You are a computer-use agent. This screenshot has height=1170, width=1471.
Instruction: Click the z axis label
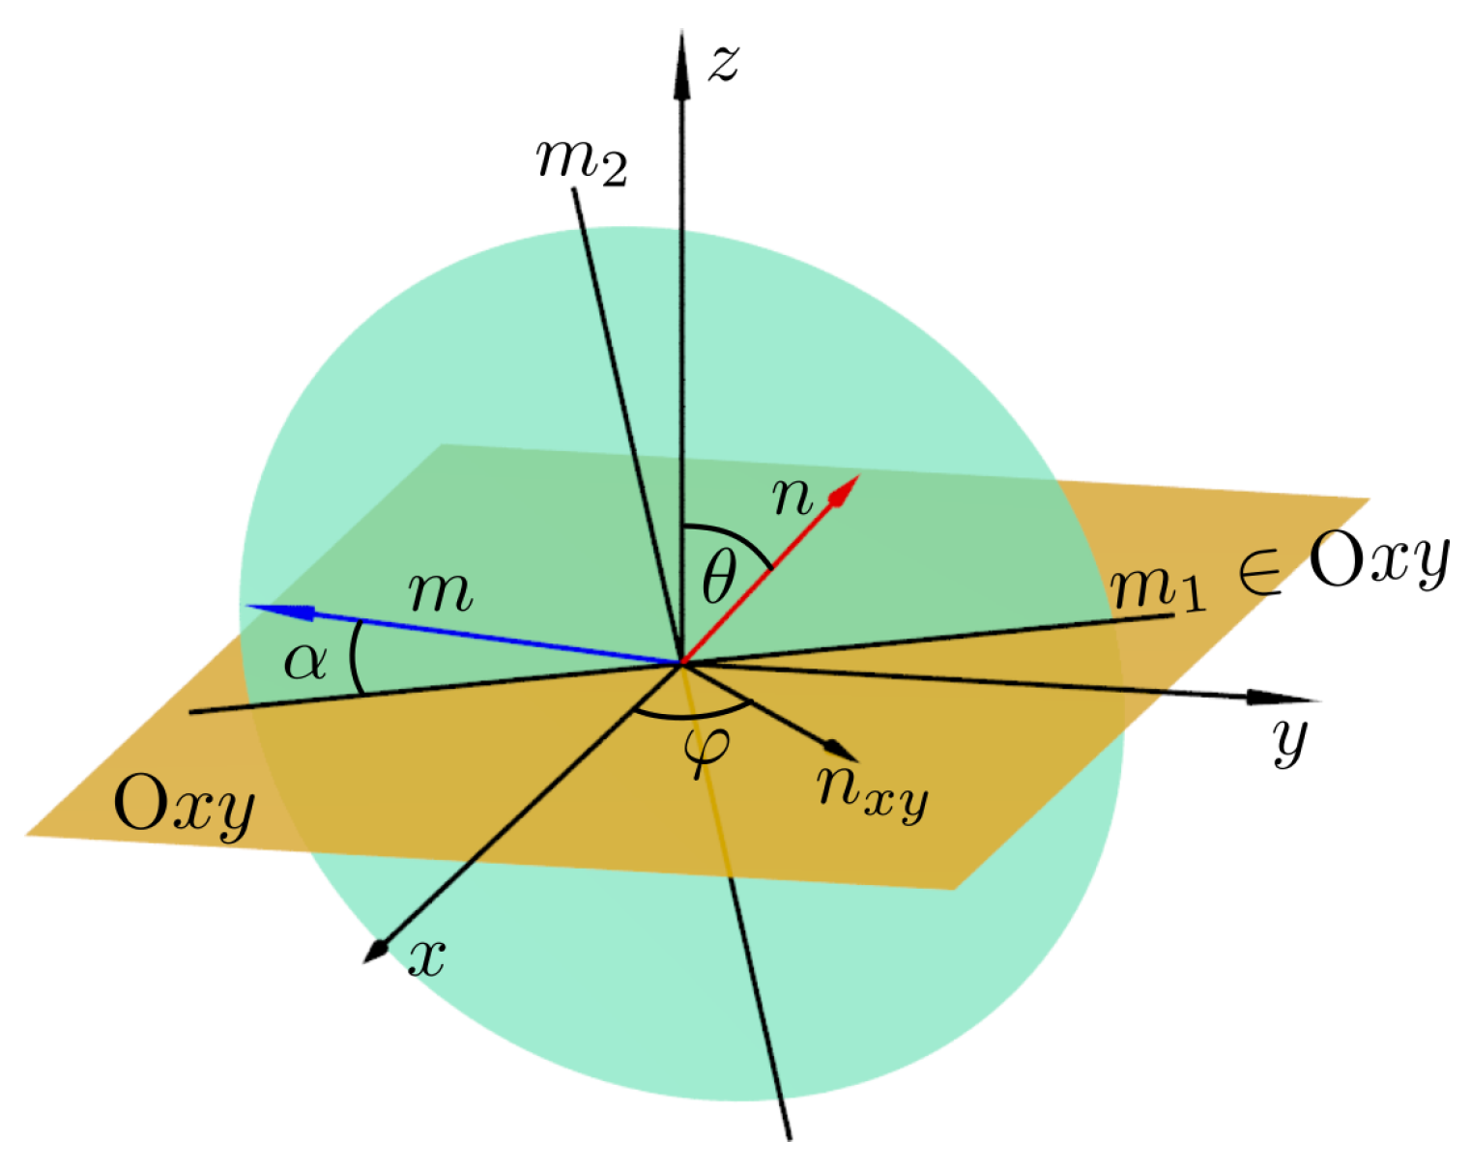[x=724, y=63]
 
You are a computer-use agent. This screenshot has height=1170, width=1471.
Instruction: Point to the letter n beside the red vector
[x=793, y=497]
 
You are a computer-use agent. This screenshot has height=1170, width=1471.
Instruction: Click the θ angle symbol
[x=718, y=580]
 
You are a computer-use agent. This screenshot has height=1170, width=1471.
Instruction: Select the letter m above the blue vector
[x=441, y=591]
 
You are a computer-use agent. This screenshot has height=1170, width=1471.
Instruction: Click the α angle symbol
[x=304, y=662]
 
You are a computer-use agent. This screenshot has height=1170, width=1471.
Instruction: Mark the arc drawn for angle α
[x=353, y=657]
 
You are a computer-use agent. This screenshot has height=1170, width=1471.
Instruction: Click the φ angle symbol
[x=706, y=748]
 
